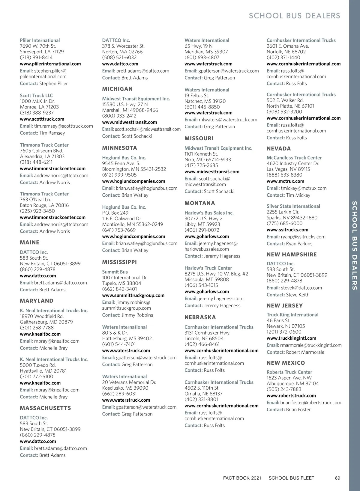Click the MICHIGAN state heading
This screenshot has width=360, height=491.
(117, 89)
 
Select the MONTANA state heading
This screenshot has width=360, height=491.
(199, 203)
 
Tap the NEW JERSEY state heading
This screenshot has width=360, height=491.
(284, 306)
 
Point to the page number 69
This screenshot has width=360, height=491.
(337, 478)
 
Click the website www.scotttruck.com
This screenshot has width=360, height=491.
(42, 119)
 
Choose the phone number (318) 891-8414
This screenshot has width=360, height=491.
(36, 58)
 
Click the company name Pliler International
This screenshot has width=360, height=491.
(40, 40)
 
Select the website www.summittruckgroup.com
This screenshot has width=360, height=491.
(133, 295)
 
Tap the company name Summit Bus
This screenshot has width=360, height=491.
(115, 272)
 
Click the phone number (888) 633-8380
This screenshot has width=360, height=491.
(284, 175)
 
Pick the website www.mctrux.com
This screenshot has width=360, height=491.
(285, 181)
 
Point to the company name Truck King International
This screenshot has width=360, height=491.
(292, 315)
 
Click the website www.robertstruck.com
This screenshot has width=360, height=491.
(291, 396)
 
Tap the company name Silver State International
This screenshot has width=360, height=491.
(293, 206)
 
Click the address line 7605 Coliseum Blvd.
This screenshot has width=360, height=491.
(41, 151)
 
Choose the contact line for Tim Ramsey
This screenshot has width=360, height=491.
(42, 133)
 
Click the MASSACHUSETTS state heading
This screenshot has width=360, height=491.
(45, 408)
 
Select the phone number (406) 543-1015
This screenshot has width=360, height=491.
(201, 285)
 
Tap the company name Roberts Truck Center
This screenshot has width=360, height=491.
(289, 372)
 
